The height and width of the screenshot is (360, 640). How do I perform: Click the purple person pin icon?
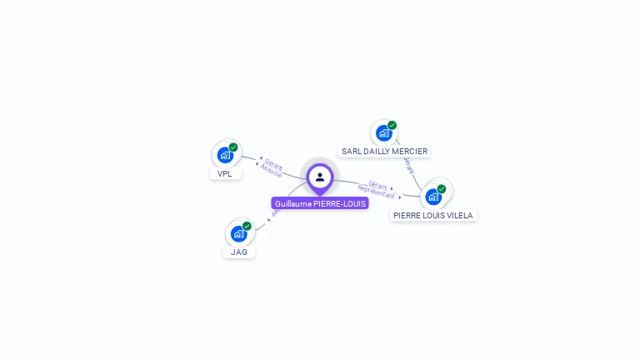pos(320,177)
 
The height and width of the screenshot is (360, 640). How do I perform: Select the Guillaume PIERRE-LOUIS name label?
pos(320,203)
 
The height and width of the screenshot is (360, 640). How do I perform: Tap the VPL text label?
pos(225,174)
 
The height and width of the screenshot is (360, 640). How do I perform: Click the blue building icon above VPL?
pos(224,155)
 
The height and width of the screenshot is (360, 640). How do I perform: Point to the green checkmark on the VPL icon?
pos(233,147)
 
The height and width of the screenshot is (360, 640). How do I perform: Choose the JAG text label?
pos(239,252)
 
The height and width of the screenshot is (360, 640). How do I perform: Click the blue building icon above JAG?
pos(238,233)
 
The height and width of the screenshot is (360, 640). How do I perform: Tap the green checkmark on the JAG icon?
pos(247,226)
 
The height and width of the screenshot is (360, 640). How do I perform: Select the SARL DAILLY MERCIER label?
pos(384,152)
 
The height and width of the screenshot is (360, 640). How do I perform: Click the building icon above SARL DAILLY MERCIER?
pos(382,132)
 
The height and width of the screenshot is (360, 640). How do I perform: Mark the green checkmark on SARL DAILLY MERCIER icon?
pos(392,126)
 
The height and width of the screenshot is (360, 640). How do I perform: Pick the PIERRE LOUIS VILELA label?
pos(433,215)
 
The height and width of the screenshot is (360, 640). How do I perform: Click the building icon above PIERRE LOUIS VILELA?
pos(432,197)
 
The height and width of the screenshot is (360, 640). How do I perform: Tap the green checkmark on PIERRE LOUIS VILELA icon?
pos(442,189)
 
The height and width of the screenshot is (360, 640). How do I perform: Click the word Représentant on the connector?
pos(377,192)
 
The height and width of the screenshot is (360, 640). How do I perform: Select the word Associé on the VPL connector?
pos(271,169)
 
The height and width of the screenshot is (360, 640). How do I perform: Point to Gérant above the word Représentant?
pos(377,184)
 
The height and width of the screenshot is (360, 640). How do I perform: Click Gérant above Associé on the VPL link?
pos(274,163)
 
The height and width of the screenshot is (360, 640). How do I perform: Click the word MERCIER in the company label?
pos(411,152)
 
